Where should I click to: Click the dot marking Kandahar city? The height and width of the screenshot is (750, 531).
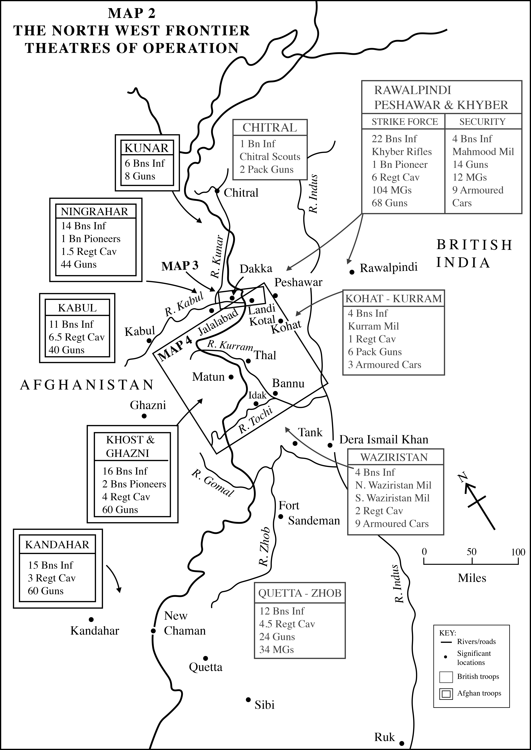pos(91,619)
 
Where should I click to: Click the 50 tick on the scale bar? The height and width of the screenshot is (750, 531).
pos(472,561)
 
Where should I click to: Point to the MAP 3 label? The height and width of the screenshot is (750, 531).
pos(180,266)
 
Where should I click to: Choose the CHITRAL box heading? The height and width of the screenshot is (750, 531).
pos(270,128)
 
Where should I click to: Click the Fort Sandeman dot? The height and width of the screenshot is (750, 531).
pos(281,516)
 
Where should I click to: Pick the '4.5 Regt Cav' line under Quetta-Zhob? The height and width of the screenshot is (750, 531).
pos(287,624)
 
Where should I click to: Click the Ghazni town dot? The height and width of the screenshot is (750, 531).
pos(144,416)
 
